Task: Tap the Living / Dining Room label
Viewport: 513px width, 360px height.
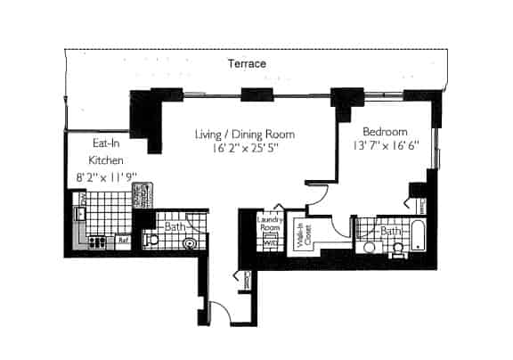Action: click(x=245, y=135)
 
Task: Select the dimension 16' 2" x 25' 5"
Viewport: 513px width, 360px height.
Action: click(x=245, y=150)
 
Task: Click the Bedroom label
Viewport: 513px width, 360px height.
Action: click(x=385, y=128)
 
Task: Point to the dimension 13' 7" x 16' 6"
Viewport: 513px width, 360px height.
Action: click(x=385, y=143)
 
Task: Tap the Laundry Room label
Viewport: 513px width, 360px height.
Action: click(x=269, y=224)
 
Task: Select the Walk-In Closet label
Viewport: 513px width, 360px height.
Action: click(x=307, y=233)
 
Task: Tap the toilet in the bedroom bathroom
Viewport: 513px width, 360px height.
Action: click(x=369, y=247)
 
